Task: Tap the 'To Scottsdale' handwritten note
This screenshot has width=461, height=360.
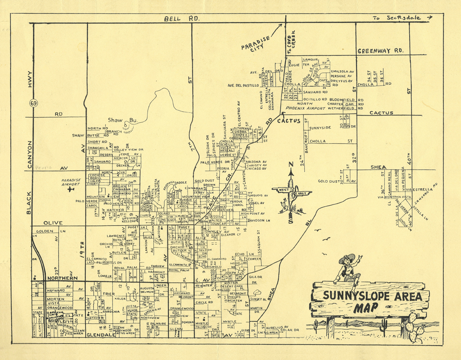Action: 401,17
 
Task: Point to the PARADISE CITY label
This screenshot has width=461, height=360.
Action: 257,43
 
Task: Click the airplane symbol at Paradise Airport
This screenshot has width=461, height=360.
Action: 70,189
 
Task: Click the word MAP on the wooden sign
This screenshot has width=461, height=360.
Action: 366,308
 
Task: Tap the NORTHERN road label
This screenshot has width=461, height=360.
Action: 62,278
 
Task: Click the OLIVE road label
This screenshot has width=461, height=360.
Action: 53,222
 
